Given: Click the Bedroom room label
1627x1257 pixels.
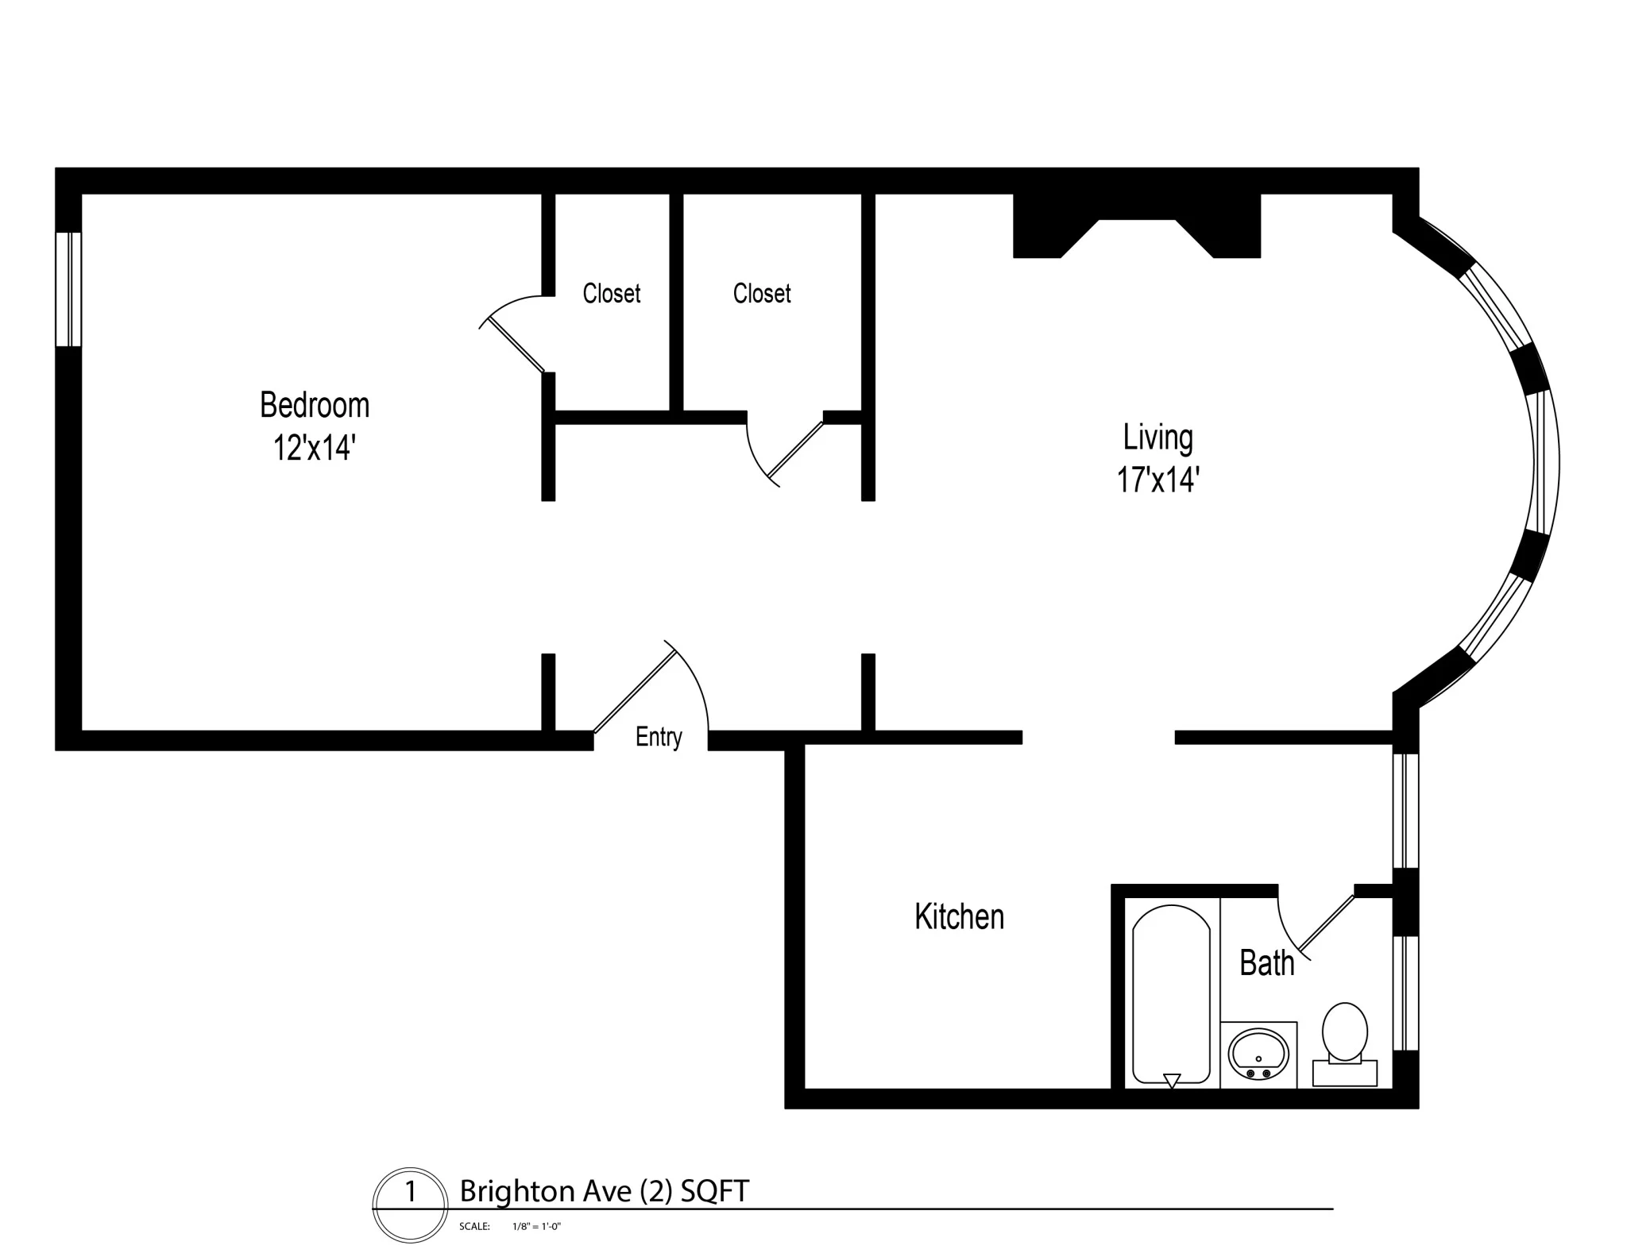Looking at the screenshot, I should click(x=315, y=406).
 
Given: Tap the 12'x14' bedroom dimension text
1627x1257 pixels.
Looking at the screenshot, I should click(x=314, y=448).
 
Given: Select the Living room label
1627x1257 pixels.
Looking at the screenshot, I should click(x=1157, y=438).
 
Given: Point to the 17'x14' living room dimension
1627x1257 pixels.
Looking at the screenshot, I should click(x=1157, y=480).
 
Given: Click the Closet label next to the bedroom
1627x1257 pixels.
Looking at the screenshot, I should click(x=611, y=294).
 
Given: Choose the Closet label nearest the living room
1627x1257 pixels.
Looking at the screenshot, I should click(x=761, y=294).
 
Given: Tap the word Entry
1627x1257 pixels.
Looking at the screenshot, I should click(x=659, y=737).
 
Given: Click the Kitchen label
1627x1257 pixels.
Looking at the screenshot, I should click(x=959, y=916).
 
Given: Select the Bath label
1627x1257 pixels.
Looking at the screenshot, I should click(x=1266, y=963).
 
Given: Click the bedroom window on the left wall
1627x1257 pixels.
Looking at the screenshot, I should click(x=68, y=289).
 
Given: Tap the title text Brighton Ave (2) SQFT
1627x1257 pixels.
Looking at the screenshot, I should click(x=604, y=1191).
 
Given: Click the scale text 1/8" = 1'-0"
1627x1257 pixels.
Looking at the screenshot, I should click(x=537, y=1227).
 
